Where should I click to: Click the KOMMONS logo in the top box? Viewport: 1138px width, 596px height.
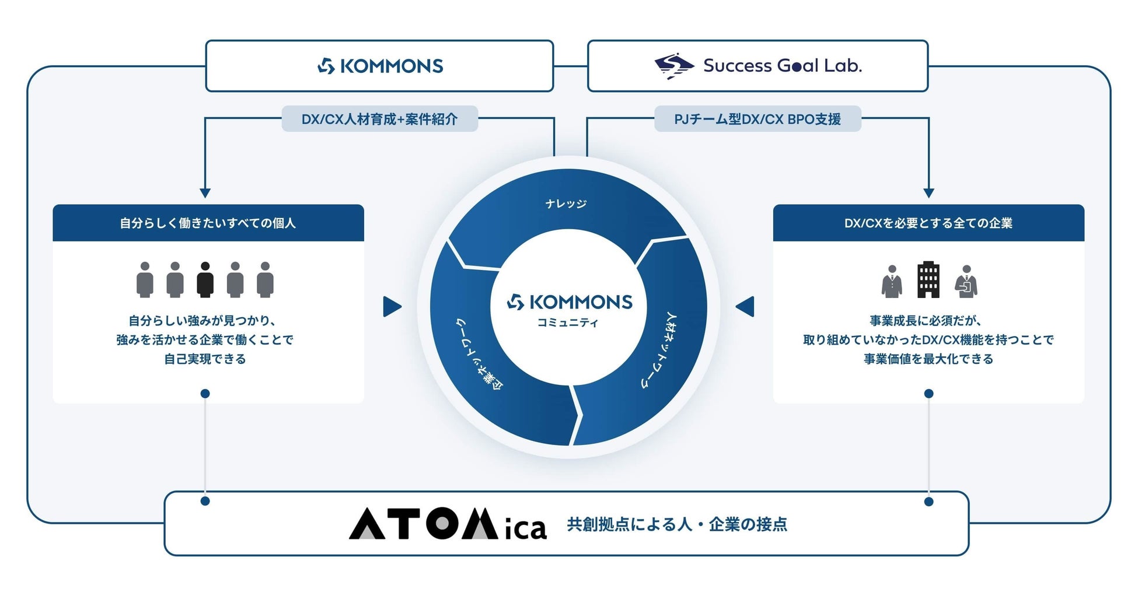(381, 66)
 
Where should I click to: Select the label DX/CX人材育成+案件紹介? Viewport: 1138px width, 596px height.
(379, 119)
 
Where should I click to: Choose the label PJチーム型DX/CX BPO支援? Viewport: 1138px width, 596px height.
(757, 119)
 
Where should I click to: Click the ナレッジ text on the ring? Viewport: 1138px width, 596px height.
(565, 204)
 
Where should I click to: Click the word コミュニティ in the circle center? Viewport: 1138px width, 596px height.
(568, 322)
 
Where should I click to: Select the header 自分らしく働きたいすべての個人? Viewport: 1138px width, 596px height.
(208, 223)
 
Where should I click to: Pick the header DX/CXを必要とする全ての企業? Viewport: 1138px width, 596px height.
(928, 223)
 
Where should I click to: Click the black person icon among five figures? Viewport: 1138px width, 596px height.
(205, 280)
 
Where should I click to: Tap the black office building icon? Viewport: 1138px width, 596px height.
(928, 280)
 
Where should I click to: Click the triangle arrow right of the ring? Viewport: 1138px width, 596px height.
(745, 307)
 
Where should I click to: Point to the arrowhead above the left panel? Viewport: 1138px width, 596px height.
(205, 193)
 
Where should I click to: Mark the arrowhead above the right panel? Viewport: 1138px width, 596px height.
(928, 193)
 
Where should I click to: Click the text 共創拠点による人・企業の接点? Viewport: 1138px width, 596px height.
(677, 524)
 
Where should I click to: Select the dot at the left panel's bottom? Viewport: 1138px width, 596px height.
(205, 394)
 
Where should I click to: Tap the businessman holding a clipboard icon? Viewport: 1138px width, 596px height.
(966, 281)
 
